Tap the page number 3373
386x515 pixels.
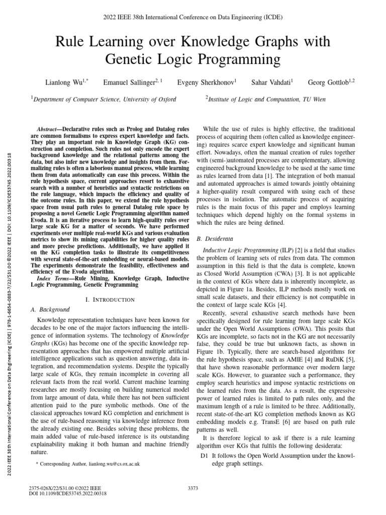[x=193, y=487]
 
